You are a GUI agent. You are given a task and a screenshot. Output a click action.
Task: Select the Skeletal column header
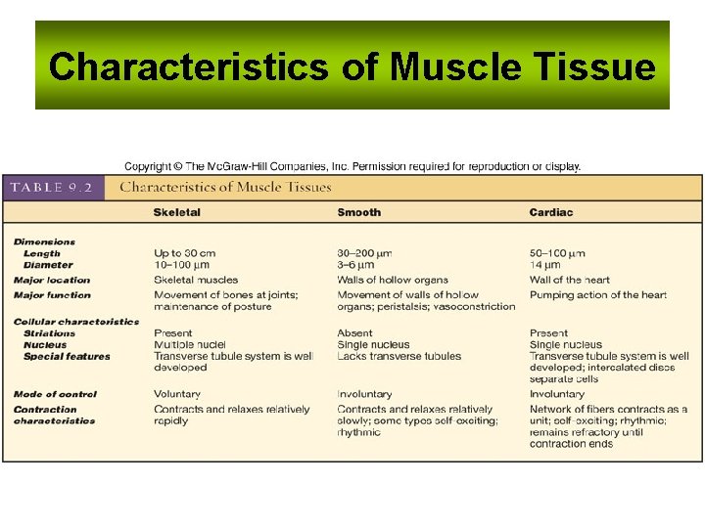point(177,212)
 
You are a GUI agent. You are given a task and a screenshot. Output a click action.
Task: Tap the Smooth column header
point(359,212)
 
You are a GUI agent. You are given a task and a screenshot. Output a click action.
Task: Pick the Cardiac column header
point(551,212)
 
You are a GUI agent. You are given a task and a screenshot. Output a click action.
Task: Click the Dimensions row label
point(44,242)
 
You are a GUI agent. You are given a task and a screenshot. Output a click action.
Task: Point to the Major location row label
point(52,280)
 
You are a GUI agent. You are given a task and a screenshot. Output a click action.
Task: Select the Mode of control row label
point(55,394)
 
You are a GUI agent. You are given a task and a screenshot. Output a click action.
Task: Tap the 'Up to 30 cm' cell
point(185,253)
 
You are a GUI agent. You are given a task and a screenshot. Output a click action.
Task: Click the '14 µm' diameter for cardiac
point(545,265)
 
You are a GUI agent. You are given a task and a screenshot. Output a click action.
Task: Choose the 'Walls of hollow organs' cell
point(393,280)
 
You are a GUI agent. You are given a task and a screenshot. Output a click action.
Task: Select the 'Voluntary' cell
point(177,394)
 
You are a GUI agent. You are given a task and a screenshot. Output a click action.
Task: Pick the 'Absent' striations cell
point(355,333)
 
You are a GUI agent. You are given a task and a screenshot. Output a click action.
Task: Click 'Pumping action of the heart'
point(598,294)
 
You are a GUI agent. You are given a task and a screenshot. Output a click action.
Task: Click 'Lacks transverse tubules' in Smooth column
point(399,357)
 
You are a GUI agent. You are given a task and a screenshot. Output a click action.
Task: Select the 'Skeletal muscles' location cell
point(196,280)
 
